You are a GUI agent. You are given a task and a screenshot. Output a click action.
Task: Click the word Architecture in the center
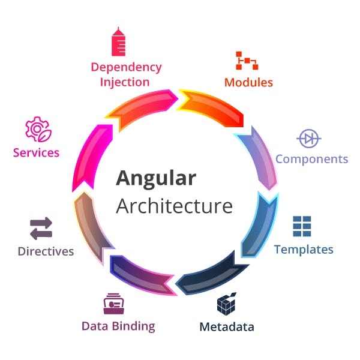[x=174, y=205]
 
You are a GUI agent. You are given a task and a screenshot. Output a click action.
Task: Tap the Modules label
[x=248, y=82]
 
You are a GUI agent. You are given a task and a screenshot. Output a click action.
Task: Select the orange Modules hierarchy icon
[x=247, y=61]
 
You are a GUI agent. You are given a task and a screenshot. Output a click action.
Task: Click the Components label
[x=311, y=159]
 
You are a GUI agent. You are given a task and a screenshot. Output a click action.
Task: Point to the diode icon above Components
[x=309, y=139]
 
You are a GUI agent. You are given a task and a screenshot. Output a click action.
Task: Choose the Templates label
[x=304, y=249]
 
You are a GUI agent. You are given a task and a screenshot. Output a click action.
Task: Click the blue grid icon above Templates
[x=302, y=226]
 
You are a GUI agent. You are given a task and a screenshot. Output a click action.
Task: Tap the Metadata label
[x=226, y=327]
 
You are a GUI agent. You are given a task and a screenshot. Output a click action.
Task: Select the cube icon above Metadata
[x=226, y=304]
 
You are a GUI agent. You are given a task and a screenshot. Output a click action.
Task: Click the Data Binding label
[x=118, y=326]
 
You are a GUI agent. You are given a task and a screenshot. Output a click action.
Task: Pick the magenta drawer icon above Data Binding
[x=113, y=304]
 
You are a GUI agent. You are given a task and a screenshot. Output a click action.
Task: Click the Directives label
[x=46, y=251]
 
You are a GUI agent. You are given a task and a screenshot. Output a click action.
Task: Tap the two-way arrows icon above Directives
[x=41, y=229]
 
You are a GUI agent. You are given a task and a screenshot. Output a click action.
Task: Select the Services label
[x=37, y=152]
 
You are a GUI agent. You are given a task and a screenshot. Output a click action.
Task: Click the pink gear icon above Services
[x=37, y=129]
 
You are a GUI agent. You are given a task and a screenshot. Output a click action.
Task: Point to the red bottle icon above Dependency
[x=118, y=41]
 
